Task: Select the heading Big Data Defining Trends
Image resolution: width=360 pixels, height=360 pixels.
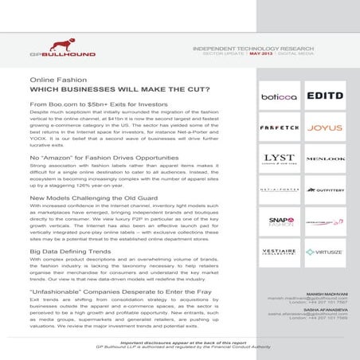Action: click(x=70, y=250)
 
